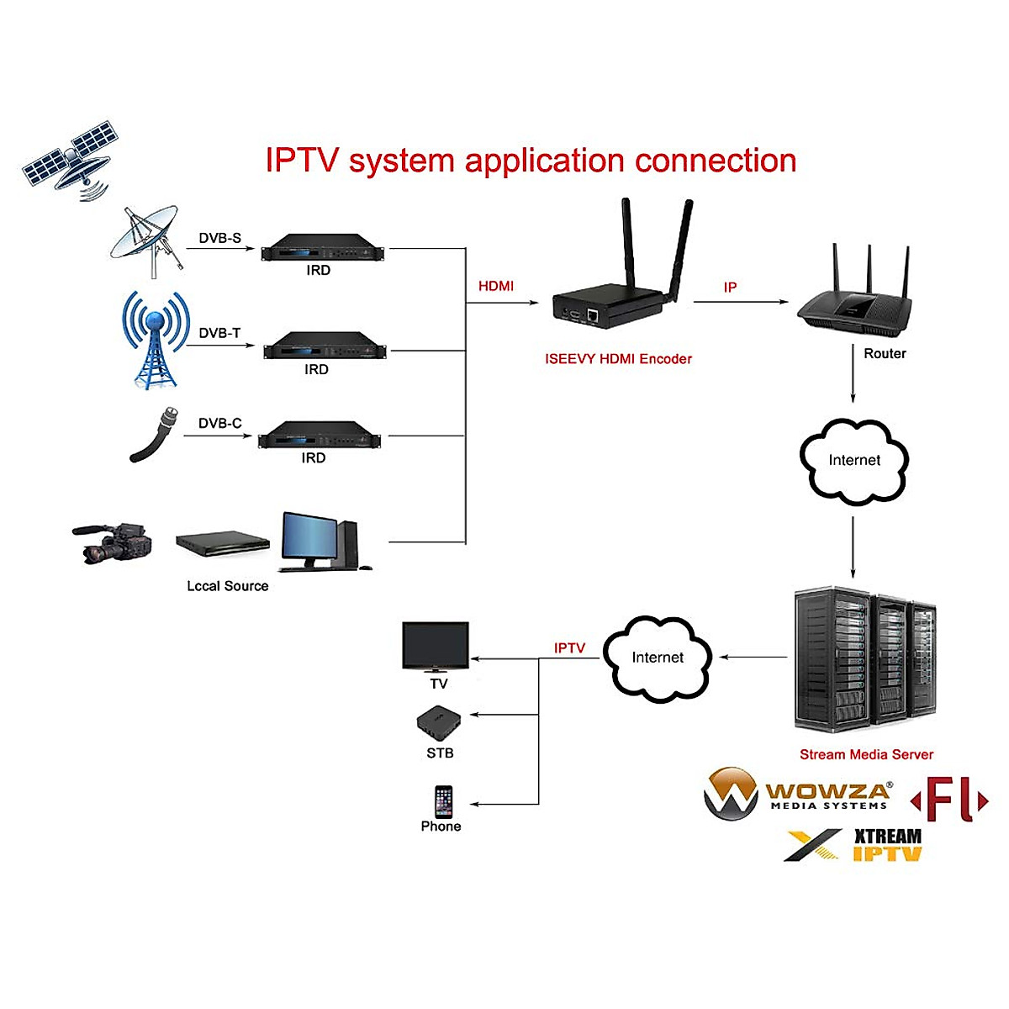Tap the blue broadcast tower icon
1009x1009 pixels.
[x=155, y=340]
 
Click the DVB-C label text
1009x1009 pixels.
[x=219, y=423]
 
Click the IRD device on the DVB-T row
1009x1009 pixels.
[x=325, y=346]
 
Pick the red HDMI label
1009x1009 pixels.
[x=496, y=286]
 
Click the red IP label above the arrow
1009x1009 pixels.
[x=730, y=288]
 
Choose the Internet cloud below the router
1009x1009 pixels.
[x=854, y=461]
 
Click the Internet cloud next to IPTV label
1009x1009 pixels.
[x=658, y=658]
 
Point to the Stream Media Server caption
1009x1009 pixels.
[x=866, y=754]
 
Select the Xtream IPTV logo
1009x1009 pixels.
[x=854, y=846]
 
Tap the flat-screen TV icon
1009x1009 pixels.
[x=436, y=646]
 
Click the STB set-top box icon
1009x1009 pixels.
[x=439, y=721]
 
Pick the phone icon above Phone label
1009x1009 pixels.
[x=443, y=801]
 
